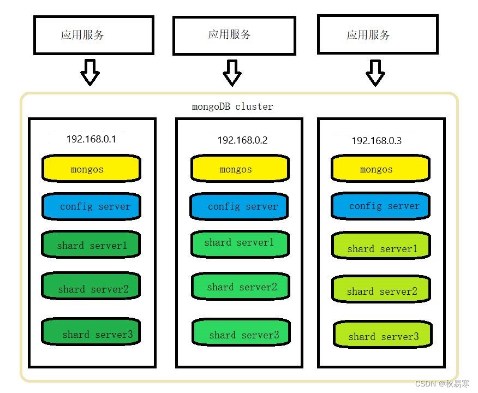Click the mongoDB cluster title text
click(x=232, y=106)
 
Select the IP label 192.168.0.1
click(x=91, y=139)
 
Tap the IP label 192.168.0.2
click(x=242, y=140)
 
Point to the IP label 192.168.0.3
click(x=377, y=141)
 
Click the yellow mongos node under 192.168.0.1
click(x=91, y=169)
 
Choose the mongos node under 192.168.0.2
click(x=239, y=169)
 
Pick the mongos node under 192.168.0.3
click(x=380, y=169)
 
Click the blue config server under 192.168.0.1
click(x=91, y=206)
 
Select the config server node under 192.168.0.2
click(x=239, y=206)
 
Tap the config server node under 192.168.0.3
click(x=380, y=206)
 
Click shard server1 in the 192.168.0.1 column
click(x=91, y=245)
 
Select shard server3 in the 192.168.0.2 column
click(x=241, y=334)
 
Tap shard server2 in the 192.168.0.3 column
click(x=381, y=290)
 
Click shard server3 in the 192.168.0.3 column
click(x=383, y=336)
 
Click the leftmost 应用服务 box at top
click(x=93, y=35)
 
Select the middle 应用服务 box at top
click(x=234, y=35)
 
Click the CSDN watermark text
click(x=442, y=384)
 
